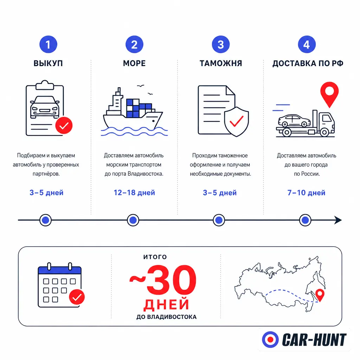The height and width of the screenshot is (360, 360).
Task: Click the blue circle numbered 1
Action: pos(48,44)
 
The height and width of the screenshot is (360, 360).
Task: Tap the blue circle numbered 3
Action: pos(221,44)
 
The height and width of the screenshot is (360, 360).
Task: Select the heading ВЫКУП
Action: pos(48,63)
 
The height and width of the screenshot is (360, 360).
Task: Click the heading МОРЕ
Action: pos(134,63)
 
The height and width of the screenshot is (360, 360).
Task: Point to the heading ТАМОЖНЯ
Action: pos(221,63)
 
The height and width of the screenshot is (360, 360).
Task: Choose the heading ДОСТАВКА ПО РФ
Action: pos(308,63)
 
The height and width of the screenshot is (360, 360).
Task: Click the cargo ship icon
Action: pos(134,110)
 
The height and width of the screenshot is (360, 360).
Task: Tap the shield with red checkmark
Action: pos(237,122)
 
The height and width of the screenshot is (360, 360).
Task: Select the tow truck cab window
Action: pos(327,118)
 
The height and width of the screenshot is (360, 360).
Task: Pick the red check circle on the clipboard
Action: pos(64,126)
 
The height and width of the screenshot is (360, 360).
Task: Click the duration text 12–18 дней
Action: pos(134,193)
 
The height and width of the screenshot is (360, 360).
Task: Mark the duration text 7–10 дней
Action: pos(306,193)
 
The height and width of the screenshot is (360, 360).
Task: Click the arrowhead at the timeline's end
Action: pos(338,220)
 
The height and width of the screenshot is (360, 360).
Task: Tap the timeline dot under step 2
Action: pos(133,220)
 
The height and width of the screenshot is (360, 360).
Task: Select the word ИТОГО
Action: pos(155,257)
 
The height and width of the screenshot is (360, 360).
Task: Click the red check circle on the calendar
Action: pos(77,297)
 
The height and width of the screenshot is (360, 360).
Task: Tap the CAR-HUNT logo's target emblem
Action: pos(270,340)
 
